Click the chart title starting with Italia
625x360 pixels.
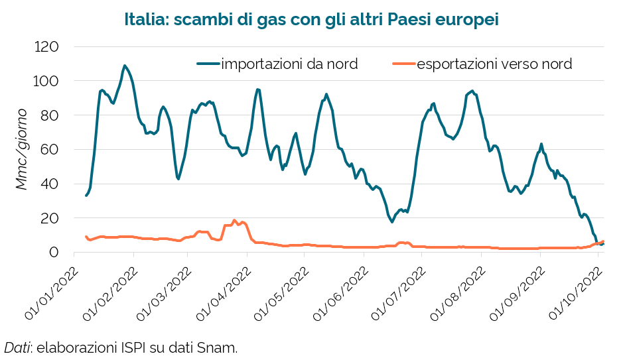311,19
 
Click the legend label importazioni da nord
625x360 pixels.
289,64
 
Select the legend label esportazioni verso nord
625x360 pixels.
494,64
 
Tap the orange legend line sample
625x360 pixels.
403,64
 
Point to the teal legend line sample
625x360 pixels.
208,64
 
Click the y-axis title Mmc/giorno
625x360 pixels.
22,149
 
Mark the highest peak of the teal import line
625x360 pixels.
124,66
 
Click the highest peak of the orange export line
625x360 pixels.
234,220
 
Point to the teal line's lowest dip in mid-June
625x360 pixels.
392,221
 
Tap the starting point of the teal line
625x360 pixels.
86,195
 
